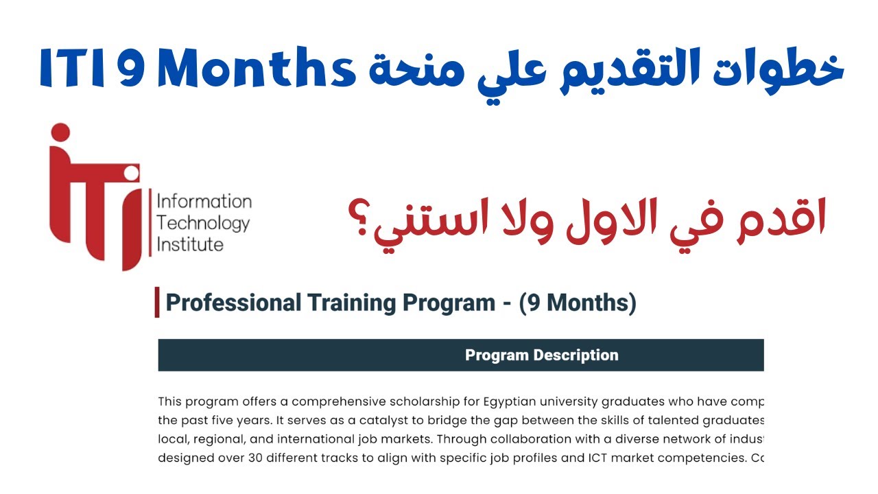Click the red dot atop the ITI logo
click(x=60, y=132)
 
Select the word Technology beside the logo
click(x=203, y=223)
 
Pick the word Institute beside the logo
click(x=191, y=244)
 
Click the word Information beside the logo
click(x=204, y=202)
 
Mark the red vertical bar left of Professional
click(x=157, y=303)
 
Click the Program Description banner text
click(x=541, y=355)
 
